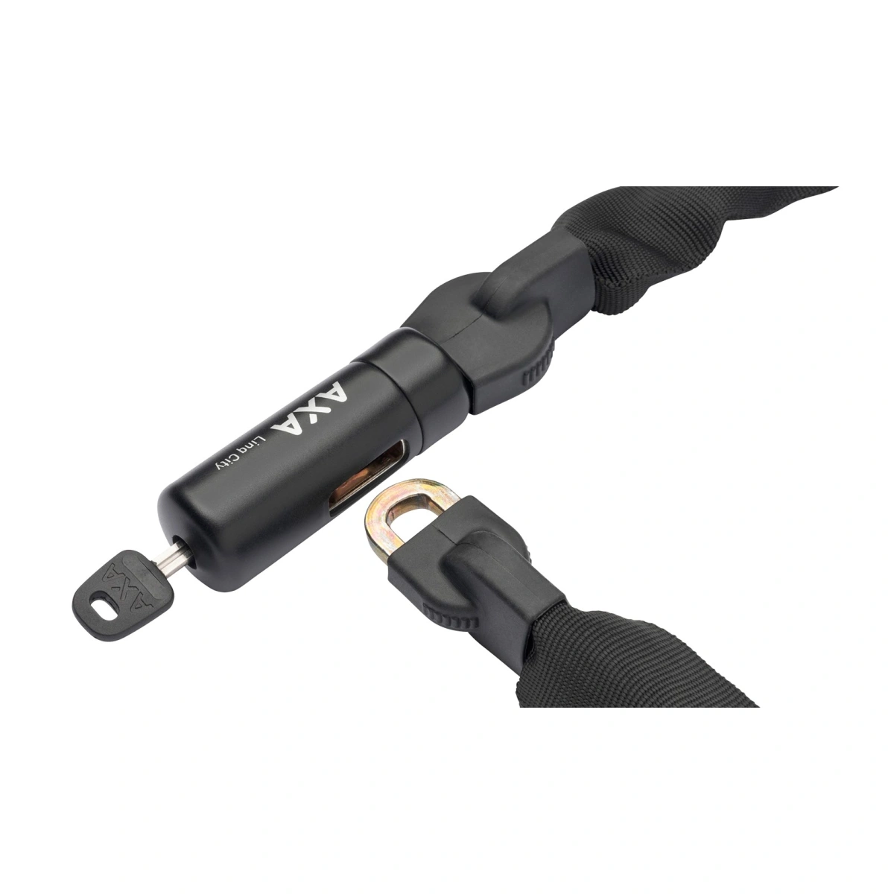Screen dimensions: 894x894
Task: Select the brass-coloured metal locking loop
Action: (409, 510)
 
